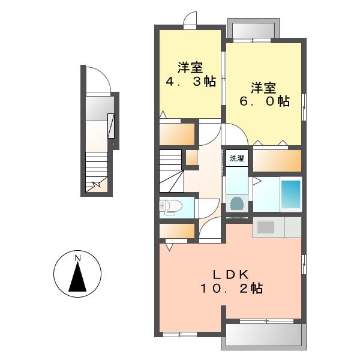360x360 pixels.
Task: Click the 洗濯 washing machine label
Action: click(237, 158)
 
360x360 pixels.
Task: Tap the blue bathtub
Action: click(291, 194)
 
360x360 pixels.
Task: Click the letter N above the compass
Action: click(77, 258)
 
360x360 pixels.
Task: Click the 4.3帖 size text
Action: click(191, 82)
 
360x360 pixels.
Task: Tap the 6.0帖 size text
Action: click(265, 101)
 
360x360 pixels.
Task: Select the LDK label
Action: click(232, 274)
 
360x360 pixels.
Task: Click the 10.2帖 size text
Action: click(232, 289)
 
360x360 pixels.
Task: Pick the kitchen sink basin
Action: click(266, 227)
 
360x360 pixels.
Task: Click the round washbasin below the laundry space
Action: click(237, 203)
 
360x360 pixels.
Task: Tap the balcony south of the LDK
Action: click(264, 337)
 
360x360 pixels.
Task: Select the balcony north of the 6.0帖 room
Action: click(253, 30)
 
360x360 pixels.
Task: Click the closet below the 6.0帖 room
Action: click(277, 161)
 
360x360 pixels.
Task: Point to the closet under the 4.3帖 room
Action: click(177, 134)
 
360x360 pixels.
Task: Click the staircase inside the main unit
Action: click(172, 171)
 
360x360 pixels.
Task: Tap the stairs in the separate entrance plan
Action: click(97, 172)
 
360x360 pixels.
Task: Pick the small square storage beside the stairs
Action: click(191, 157)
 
